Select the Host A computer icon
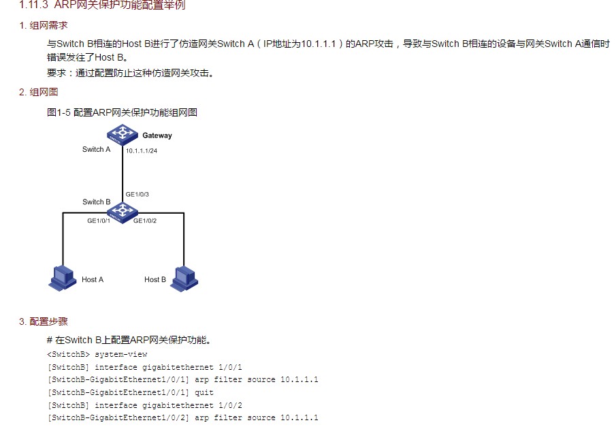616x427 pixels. [63, 276]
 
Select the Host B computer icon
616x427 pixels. [184, 276]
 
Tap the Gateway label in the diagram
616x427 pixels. [157, 136]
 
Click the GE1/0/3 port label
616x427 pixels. [137, 194]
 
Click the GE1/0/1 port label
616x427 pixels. [99, 221]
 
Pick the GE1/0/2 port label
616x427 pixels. [146, 221]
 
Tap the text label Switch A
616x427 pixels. [96, 149]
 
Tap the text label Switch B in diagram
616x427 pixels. [96, 202]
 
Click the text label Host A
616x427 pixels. [93, 279]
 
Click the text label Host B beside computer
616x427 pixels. [155, 279]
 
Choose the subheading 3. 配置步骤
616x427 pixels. [43, 321]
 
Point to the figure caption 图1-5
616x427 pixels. [59, 112]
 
